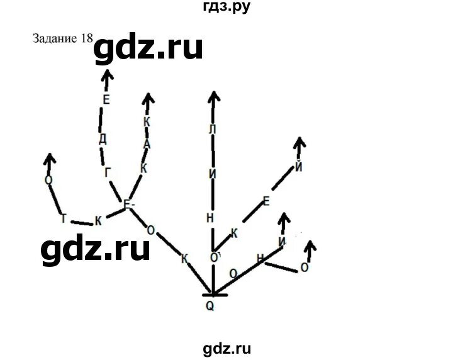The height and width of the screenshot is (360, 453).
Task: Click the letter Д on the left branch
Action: click(x=103, y=137)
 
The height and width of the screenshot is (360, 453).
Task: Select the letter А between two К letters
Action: click(x=147, y=143)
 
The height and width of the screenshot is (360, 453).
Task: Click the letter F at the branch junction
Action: click(x=128, y=205)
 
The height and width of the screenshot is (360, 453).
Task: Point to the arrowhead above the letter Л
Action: click(x=214, y=96)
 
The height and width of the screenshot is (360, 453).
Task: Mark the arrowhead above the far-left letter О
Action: click(x=49, y=157)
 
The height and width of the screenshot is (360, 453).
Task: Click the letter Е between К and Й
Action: click(x=266, y=201)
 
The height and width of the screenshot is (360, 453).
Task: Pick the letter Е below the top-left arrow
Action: click(x=106, y=99)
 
